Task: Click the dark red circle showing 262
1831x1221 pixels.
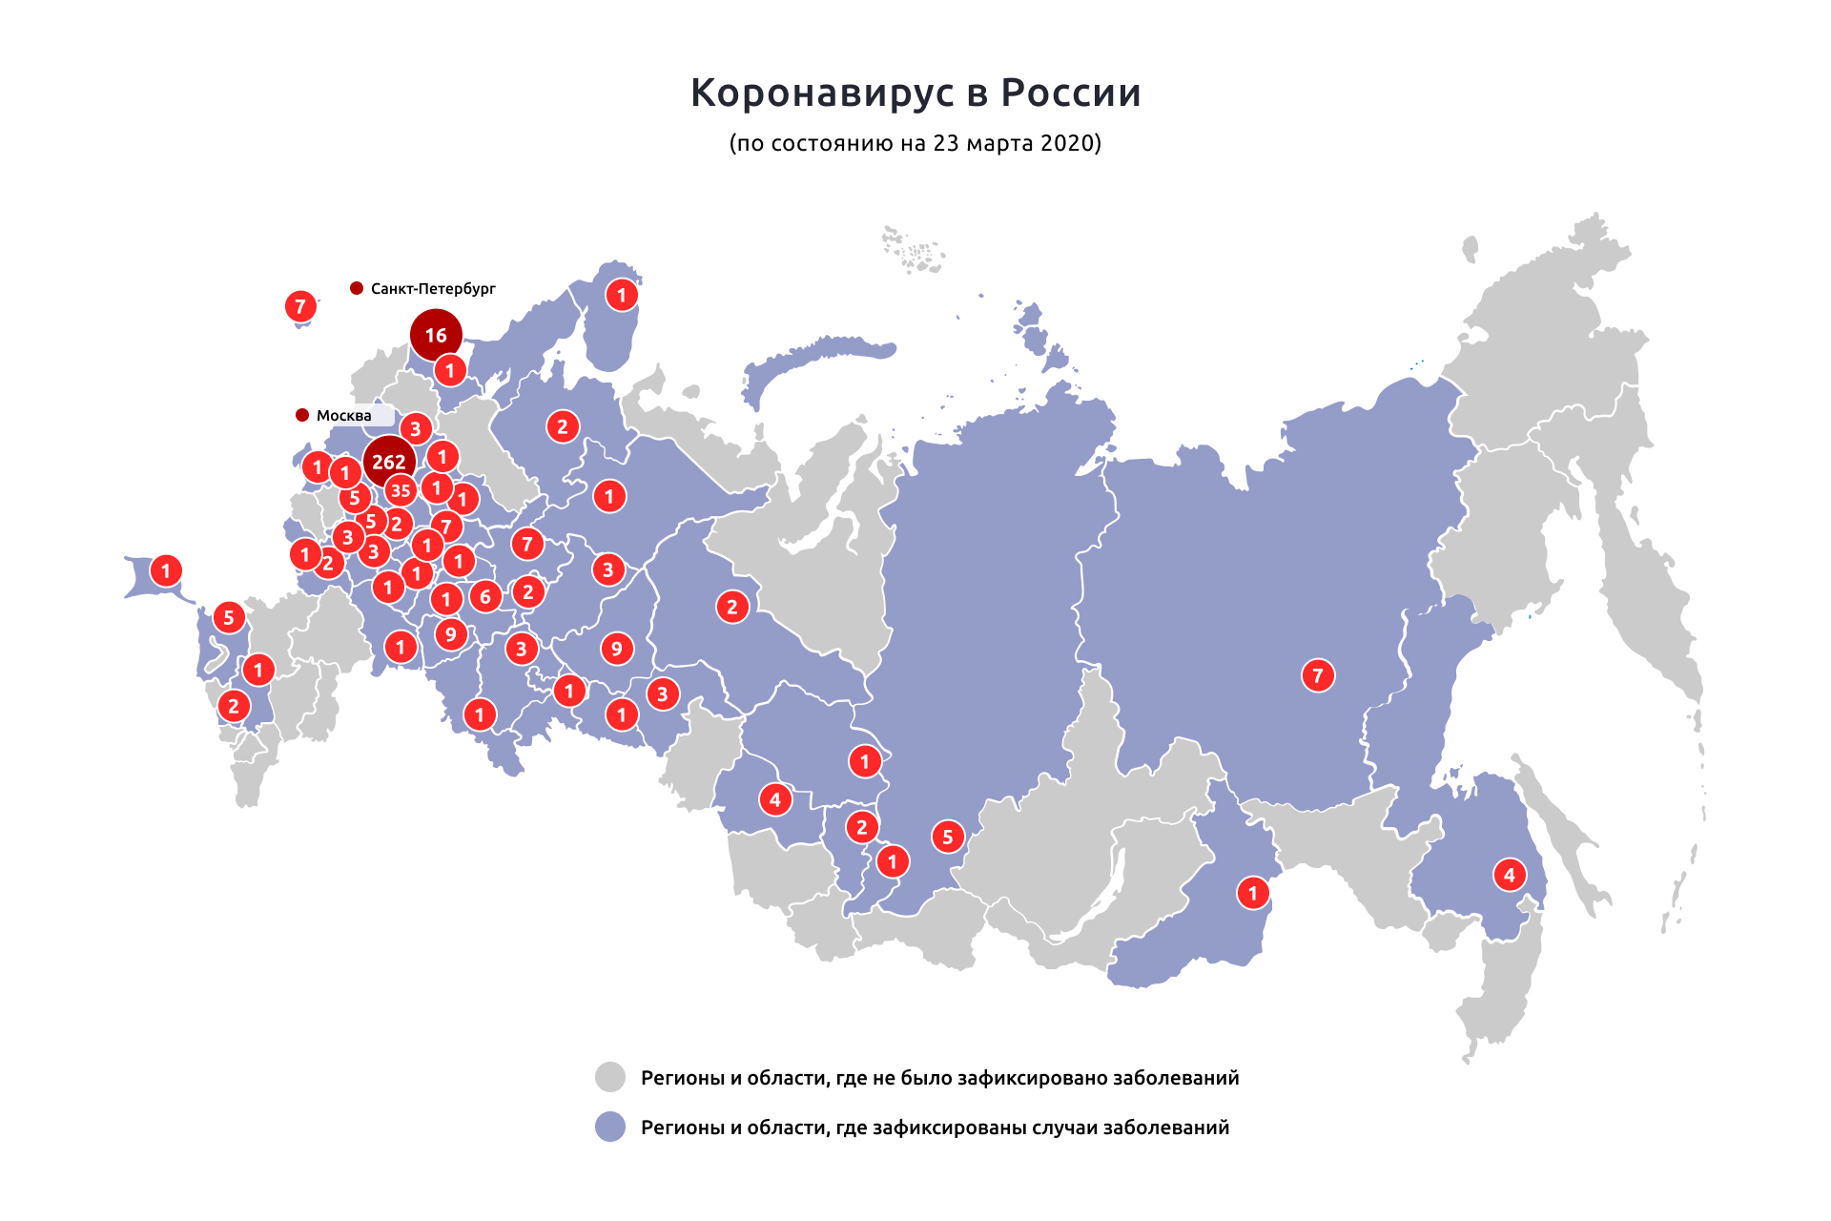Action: coord(389,462)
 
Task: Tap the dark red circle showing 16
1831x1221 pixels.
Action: coord(436,335)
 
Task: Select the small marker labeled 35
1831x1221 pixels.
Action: coord(401,491)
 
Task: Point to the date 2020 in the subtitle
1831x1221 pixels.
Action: coord(1067,143)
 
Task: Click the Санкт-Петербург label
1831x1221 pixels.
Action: coord(433,288)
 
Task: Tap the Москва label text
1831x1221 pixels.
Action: coord(343,415)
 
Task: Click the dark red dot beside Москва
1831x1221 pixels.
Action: coord(302,415)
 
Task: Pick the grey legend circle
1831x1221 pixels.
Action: coord(610,1077)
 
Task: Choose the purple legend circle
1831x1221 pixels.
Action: coord(610,1127)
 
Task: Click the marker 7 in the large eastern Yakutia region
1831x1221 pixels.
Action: coord(1318,675)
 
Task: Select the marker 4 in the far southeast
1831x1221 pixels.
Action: coord(1509,875)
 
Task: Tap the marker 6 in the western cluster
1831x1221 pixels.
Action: coord(485,597)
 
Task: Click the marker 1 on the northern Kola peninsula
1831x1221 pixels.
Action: coord(622,295)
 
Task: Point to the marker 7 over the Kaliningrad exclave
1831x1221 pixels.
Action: coord(300,306)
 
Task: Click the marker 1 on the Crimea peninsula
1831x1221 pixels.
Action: coord(166,570)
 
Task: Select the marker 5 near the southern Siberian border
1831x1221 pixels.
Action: coord(947,837)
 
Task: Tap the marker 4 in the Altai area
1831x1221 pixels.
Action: coord(774,798)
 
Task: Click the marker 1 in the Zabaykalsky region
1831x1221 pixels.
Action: coord(1253,893)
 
